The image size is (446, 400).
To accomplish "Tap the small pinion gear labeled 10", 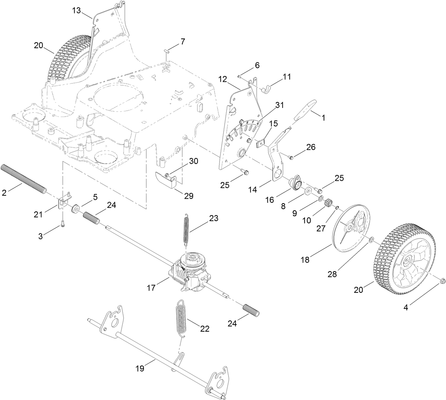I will [328, 204].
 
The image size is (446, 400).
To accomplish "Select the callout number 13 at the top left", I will [76, 12].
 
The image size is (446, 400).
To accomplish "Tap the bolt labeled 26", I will [291, 158].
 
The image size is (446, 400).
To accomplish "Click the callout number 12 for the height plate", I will [223, 79].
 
